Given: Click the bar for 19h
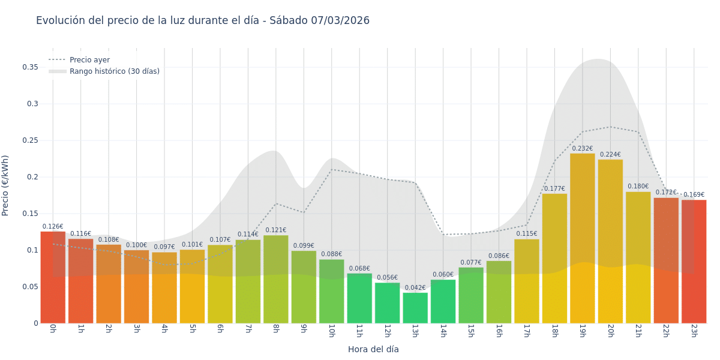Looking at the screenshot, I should pos(582,240).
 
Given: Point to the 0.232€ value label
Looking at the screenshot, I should pos(582,149).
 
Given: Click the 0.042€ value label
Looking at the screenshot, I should pos(415,288).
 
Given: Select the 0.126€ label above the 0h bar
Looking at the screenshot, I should pos(53,227).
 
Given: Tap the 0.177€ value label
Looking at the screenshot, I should pos(554,189).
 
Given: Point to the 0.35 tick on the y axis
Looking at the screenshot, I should pos(30,67).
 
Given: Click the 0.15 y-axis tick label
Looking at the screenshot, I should pos(30,214).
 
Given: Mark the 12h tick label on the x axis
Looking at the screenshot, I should pos(387,331).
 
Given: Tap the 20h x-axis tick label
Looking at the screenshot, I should pos(610,331).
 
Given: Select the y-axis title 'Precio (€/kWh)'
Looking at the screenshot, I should pos(6,185).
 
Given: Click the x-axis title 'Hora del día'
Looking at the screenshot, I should pos(373,349).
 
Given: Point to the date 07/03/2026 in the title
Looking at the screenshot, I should pos(340,21).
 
